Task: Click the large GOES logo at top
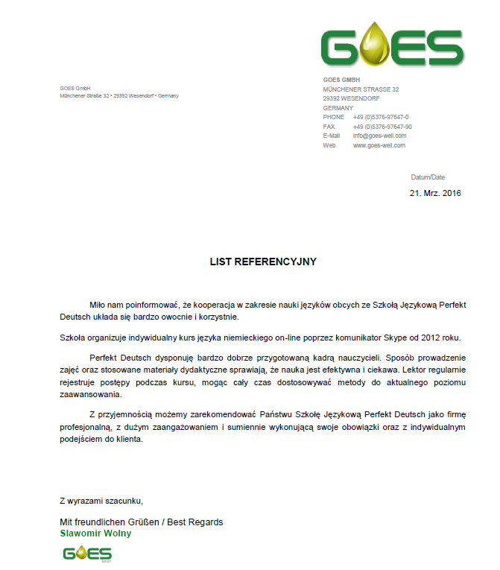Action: click(392, 46)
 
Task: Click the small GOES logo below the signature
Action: click(87, 554)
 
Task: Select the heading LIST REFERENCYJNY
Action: click(263, 262)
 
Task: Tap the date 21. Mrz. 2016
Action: click(436, 194)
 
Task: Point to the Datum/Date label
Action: click(428, 177)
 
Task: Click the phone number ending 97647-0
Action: click(381, 117)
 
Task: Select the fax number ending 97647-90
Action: click(382, 127)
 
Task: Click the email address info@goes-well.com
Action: click(379, 136)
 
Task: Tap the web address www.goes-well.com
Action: click(379, 145)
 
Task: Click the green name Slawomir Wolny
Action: click(96, 533)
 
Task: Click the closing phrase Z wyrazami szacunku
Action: click(101, 500)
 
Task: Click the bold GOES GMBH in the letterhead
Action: click(341, 80)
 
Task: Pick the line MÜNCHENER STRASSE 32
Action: click(361, 89)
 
